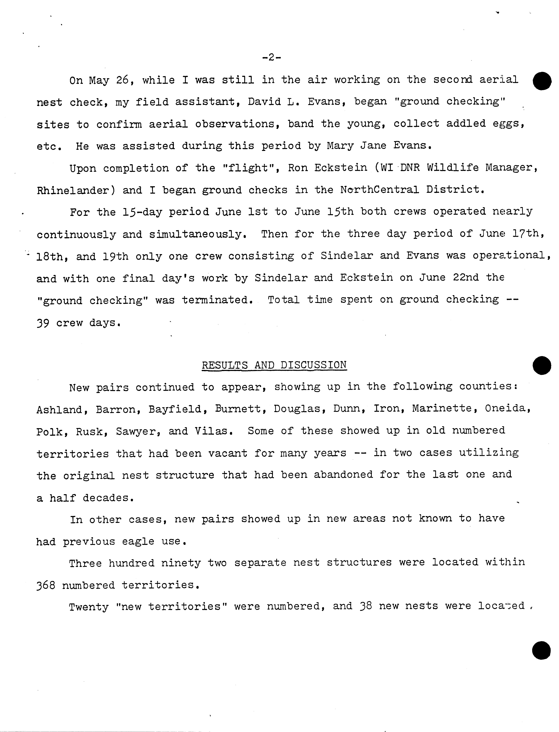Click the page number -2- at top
(271, 58)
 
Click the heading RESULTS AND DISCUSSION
(274, 365)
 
